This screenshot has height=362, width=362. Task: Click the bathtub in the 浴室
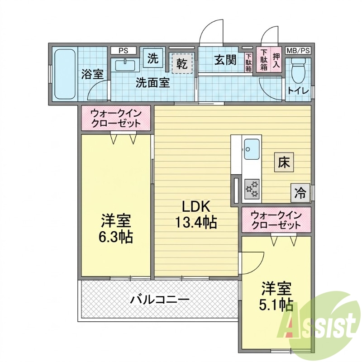(x=65, y=74)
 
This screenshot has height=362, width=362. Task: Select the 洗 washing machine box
(x=153, y=58)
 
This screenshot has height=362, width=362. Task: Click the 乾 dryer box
(x=182, y=63)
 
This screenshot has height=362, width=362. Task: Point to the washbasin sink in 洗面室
(x=125, y=65)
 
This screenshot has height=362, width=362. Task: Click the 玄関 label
(x=225, y=60)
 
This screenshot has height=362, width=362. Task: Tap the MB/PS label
(x=298, y=50)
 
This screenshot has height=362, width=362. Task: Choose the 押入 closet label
(x=276, y=60)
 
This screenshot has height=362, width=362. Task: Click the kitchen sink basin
(x=252, y=149)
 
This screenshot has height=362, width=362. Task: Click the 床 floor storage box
(x=284, y=162)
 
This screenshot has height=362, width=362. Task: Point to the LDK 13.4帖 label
(x=196, y=214)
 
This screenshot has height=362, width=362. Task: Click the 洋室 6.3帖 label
(x=116, y=229)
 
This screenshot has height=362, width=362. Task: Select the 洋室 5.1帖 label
(x=276, y=296)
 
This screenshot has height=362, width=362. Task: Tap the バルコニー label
(x=160, y=300)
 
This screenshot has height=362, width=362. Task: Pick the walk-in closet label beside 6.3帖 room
(x=116, y=119)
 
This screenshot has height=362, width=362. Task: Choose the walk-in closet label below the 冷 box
(x=276, y=220)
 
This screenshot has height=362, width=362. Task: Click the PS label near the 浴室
(x=123, y=51)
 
